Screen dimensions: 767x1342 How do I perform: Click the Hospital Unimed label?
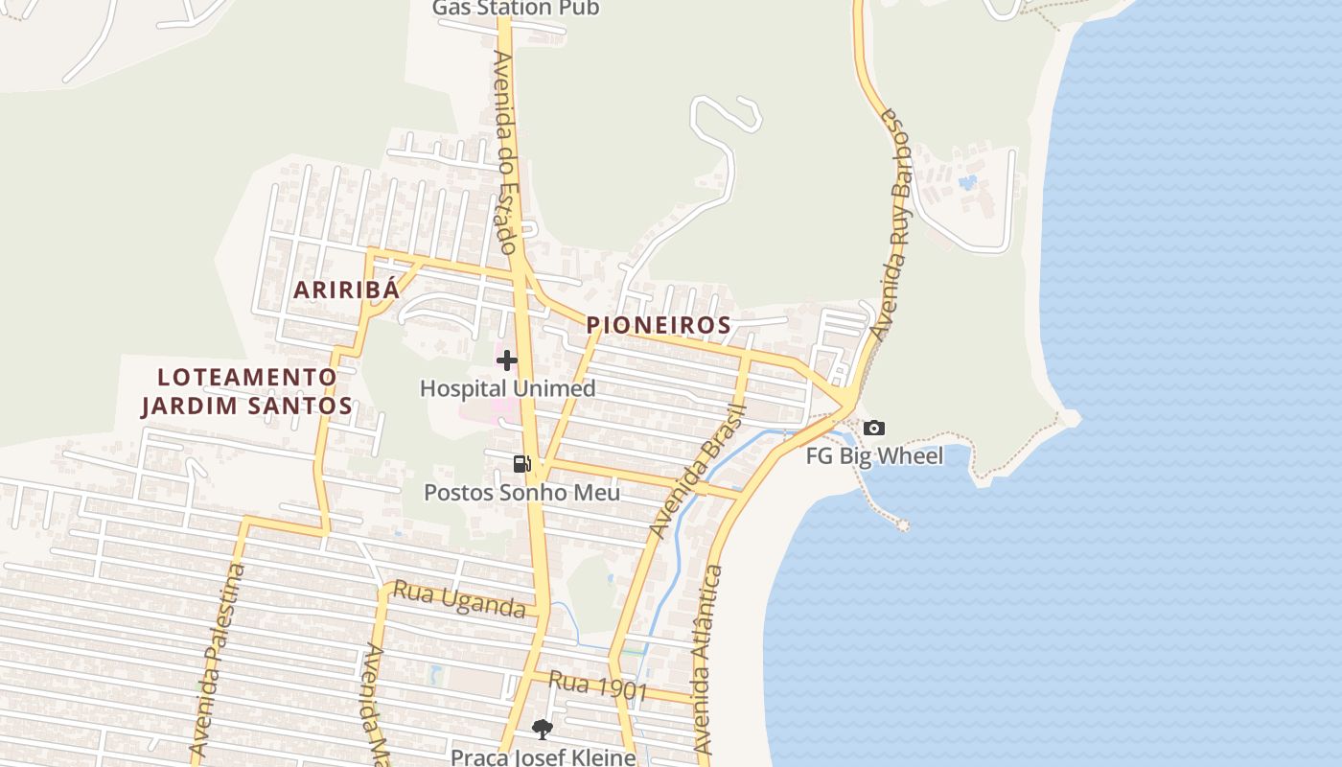click(x=507, y=388)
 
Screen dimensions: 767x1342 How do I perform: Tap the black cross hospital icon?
click(x=507, y=360)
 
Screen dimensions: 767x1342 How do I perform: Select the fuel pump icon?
click(x=522, y=464)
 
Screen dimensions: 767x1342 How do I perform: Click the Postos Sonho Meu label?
click(x=522, y=493)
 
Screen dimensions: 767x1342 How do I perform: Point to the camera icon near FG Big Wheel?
click(x=873, y=429)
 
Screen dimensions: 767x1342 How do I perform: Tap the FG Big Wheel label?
click(x=874, y=455)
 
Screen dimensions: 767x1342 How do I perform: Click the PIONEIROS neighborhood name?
click(x=659, y=325)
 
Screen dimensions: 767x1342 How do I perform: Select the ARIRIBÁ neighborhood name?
click(x=345, y=290)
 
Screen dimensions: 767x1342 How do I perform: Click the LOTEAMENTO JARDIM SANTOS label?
click(x=247, y=391)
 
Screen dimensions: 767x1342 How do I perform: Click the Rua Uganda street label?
click(x=459, y=601)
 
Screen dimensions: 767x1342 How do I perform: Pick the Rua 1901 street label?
click(x=599, y=686)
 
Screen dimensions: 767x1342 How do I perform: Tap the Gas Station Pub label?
click(x=516, y=9)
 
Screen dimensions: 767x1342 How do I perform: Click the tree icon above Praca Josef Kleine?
click(x=543, y=730)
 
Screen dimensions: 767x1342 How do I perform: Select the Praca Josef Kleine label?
click(x=543, y=756)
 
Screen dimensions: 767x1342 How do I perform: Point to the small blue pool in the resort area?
click(x=968, y=181)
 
